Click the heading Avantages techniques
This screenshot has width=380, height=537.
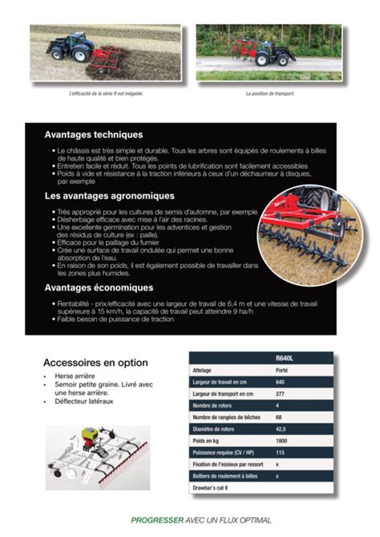[93, 135]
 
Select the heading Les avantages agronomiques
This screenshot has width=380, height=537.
[109, 196]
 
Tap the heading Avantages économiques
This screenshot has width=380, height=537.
[99, 287]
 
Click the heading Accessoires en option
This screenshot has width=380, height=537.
[95, 362]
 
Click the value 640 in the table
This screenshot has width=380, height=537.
[280, 382]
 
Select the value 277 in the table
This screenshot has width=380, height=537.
[280, 394]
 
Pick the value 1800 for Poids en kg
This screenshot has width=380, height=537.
[281, 441]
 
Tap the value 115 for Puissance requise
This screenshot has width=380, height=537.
[280, 453]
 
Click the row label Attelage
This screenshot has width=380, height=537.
[202, 370]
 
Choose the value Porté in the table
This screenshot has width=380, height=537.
[281, 370]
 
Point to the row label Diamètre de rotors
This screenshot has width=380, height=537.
[218, 429]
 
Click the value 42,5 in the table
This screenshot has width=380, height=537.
[281, 429]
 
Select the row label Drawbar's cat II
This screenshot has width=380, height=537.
[211, 487]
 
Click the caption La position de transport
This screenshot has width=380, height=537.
[270, 93]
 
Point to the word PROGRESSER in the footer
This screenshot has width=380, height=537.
[157, 520]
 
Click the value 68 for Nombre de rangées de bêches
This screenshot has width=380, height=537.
[278, 417]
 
